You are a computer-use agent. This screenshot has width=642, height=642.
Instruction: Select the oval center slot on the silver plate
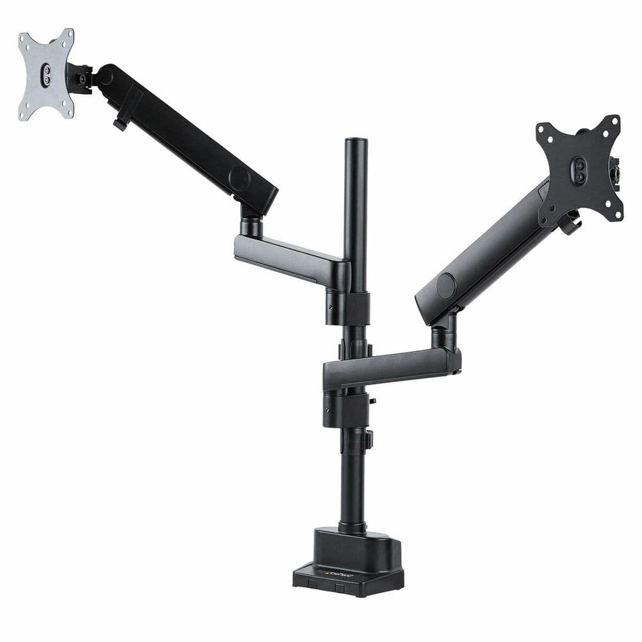click(x=47, y=74)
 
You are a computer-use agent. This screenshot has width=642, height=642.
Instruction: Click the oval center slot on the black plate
click(x=580, y=170)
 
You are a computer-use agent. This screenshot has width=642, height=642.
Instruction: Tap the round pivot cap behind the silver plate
click(x=105, y=75)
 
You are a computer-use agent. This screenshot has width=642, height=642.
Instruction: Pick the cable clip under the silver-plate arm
click(x=119, y=124)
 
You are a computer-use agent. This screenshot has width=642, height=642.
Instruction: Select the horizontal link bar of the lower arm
click(x=391, y=366)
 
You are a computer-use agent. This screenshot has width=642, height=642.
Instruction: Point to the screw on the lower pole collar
click(x=327, y=411)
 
